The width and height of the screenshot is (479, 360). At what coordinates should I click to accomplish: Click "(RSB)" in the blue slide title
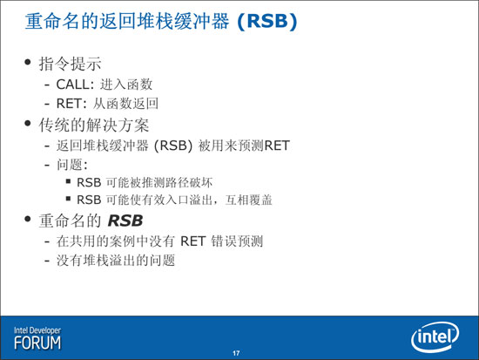pos(267,22)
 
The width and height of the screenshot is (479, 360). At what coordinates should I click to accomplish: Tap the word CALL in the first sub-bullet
pos(72,85)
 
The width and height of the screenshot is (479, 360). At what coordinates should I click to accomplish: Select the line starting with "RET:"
pos(107,104)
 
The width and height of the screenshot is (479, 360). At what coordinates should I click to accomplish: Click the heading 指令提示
pos(70,64)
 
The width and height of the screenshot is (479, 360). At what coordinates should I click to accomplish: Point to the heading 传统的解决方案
pos(94,126)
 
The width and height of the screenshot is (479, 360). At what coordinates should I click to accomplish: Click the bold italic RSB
pos(125,221)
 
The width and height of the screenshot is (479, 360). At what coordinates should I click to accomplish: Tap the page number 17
pos(236,353)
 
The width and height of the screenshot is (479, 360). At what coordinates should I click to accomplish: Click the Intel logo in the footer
pos(435,337)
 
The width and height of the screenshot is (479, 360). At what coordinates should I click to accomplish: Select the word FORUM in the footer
pos(37,343)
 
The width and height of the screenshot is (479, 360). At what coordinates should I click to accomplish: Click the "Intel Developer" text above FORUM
pos(37,330)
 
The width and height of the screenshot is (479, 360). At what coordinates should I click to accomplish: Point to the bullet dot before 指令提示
pos(28,63)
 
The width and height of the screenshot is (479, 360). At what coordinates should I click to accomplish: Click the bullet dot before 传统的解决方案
pos(28,124)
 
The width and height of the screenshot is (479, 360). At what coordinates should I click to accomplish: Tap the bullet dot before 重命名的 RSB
pos(28,219)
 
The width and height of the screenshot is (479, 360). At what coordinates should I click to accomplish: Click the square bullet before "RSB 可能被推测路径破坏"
pos(69,181)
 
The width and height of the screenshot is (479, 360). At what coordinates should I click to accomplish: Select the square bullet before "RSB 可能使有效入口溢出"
pos(69,199)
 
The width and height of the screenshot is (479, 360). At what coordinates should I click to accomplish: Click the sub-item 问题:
pos(72,165)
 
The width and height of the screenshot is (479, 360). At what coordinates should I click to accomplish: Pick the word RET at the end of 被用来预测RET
pos(277,146)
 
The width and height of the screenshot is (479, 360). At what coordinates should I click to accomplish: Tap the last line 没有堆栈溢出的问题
pos(116,261)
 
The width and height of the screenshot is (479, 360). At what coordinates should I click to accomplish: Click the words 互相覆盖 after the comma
pos(249,200)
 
